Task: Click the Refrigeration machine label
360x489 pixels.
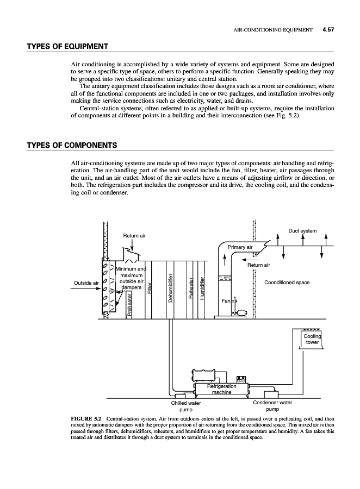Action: [221, 389]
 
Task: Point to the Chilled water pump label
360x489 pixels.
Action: [186, 406]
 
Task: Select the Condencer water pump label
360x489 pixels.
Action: [272, 406]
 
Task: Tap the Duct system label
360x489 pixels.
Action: [302, 231]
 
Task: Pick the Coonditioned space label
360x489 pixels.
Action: [287, 283]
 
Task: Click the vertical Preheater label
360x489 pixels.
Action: [130, 304]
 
